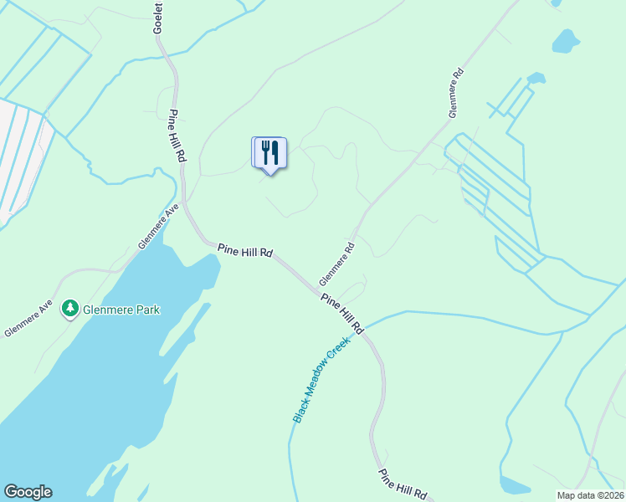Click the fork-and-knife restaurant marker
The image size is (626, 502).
coord(269,153)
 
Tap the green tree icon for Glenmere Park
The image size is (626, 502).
coord(70,310)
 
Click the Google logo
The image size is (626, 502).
coord(28,492)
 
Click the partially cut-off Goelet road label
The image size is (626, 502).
coord(157,18)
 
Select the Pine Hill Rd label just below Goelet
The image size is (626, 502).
coord(178,136)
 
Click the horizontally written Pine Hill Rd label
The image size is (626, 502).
coord(245,250)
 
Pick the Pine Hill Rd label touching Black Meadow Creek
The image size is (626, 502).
coord(342,313)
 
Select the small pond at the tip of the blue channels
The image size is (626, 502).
coord(536,79)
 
